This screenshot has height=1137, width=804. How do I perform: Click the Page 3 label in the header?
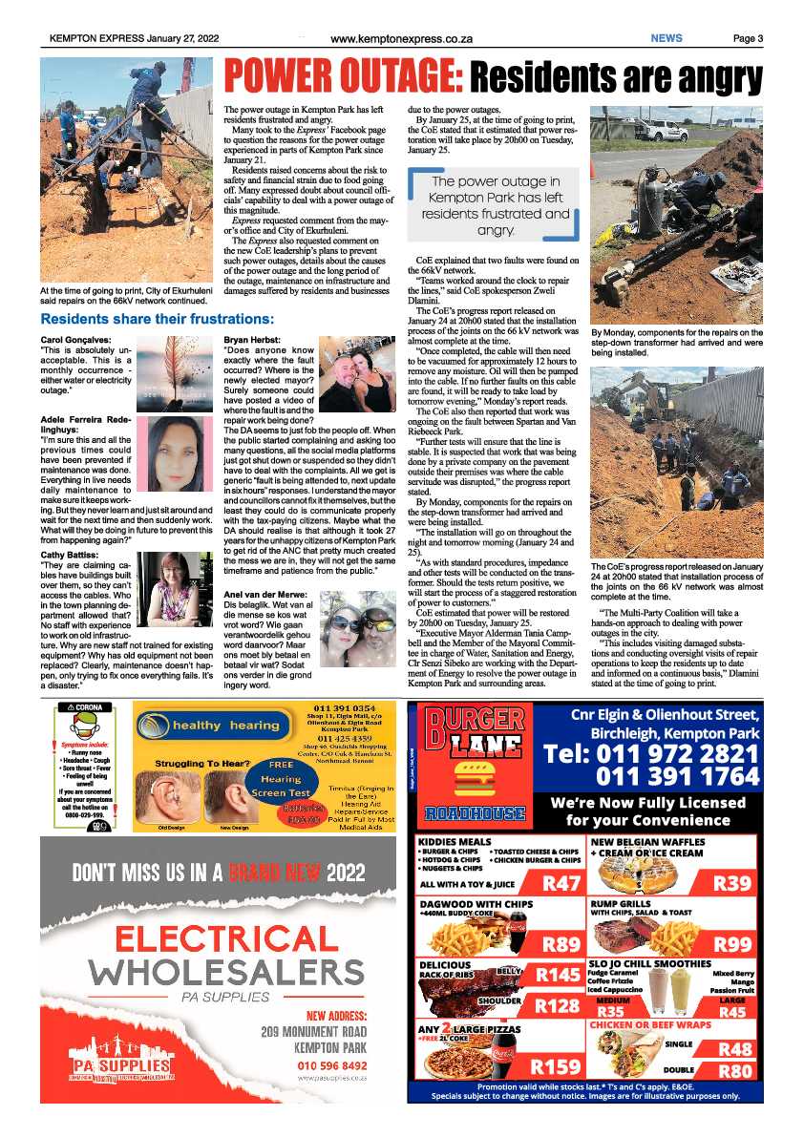coord(748,39)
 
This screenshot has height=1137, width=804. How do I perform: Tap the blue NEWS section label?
coord(666,38)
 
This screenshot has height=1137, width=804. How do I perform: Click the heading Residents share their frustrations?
coord(158,318)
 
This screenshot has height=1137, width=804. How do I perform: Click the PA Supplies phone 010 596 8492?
coord(332,1064)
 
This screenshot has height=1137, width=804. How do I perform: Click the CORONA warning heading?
coord(83,707)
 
